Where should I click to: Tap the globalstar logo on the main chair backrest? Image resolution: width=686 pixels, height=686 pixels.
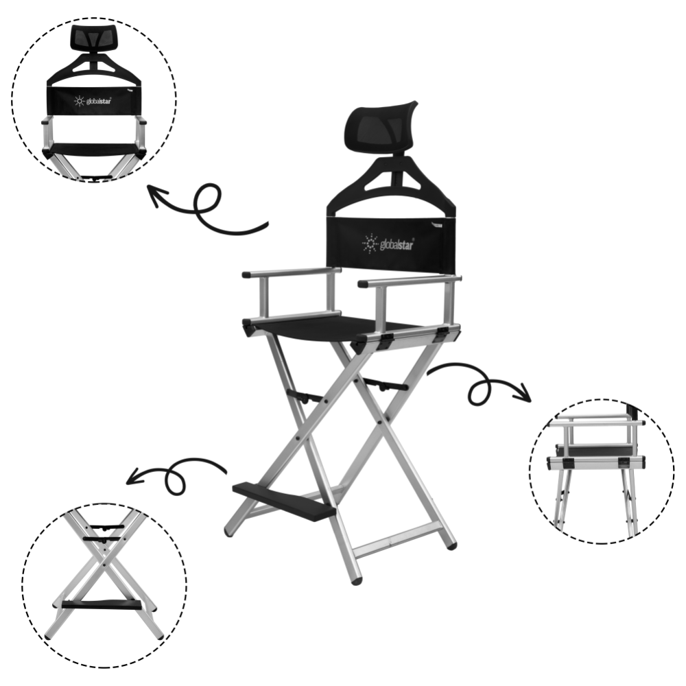click(388, 244)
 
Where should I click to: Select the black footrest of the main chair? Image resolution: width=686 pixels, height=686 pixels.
click(283, 501)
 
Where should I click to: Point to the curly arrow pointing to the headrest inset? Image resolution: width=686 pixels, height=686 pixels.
click(207, 209)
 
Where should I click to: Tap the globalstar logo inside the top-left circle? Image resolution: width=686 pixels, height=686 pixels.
click(93, 101)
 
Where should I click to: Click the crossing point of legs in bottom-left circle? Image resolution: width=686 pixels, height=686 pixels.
click(105, 565)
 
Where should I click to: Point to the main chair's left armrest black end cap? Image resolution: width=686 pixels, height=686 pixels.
click(246, 275)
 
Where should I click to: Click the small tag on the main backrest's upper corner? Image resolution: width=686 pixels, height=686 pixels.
click(436, 225)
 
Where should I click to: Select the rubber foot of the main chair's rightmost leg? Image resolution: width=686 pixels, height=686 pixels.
click(452, 545)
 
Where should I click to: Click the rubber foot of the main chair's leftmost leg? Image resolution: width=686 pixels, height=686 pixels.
click(228, 532)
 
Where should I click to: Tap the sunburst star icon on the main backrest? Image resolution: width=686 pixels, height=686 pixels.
click(370, 244)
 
